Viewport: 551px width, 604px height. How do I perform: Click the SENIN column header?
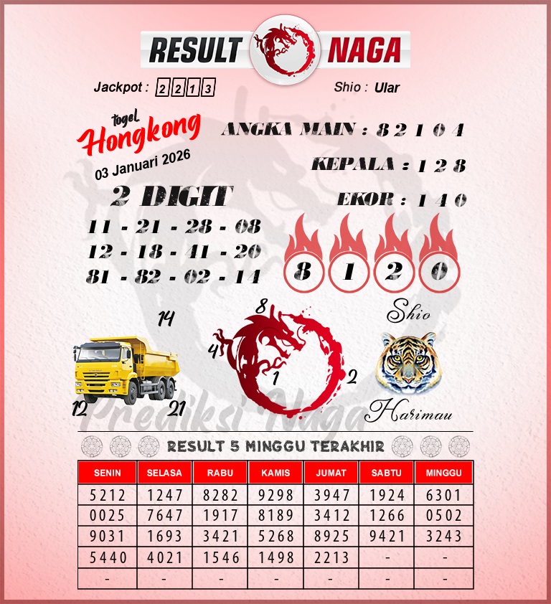coord(106,473)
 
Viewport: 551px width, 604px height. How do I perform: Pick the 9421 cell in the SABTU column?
coord(388,537)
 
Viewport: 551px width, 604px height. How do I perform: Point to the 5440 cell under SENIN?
coord(106,557)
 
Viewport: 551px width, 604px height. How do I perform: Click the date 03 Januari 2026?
coord(143,166)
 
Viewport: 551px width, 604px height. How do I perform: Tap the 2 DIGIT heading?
coord(172,197)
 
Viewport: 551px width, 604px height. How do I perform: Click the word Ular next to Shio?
coord(387,88)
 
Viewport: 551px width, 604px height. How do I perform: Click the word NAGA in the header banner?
coord(364,50)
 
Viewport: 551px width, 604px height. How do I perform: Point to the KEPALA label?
coord(353,165)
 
